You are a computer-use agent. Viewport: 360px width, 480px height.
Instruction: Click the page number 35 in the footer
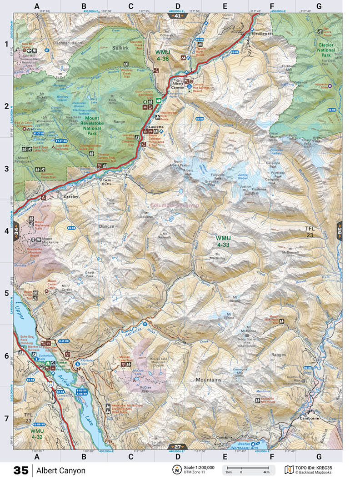coord(20,470)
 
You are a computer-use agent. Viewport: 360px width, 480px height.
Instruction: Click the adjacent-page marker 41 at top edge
coord(177,15)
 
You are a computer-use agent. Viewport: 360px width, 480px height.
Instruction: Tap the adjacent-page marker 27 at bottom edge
coord(178,447)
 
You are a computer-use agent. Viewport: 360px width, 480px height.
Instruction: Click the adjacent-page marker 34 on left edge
coord(16,230)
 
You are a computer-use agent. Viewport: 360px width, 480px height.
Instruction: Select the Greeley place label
coord(71,197)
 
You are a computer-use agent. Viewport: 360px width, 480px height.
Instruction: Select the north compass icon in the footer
coord(175,470)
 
